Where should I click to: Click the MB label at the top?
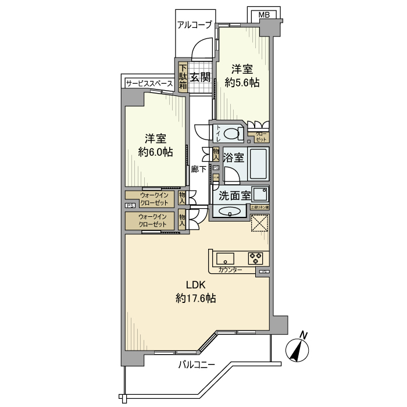tap(264, 15)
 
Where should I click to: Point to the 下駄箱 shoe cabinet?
tap(183, 76)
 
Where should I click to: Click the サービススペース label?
tap(149, 84)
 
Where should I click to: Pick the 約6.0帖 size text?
tap(155, 152)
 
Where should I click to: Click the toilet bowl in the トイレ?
tap(233, 134)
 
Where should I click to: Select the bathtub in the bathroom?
tap(258, 165)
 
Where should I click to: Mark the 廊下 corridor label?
tap(199, 169)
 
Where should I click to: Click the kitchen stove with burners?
tap(255, 256)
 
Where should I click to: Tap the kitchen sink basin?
tap(224, 257)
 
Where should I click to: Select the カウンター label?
tap(230, 270)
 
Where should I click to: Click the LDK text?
tap(196, 285)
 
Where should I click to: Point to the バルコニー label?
tap(196, 365)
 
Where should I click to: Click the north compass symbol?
tap(299, 349)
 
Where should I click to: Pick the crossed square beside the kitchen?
tap(259, 223)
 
